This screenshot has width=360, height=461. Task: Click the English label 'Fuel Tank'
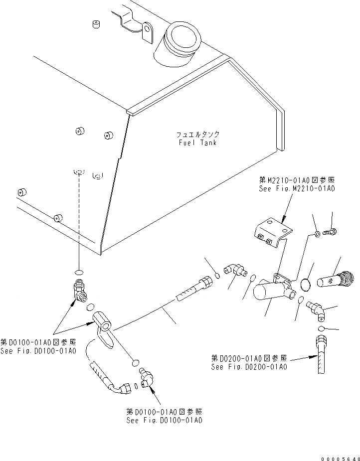197,143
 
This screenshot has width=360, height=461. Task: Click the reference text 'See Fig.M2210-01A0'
296,189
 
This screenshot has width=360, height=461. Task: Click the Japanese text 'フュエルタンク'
197,135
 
